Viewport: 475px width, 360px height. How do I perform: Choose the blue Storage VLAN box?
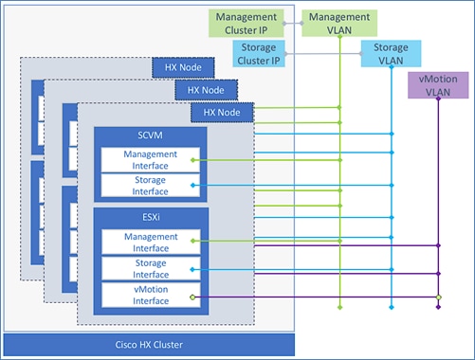pyautogui.click(x=390, y=54)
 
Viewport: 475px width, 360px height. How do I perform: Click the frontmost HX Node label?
pyautogui.click(x=222, y=113)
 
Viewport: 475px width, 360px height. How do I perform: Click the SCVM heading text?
pyautogui.click(x=146, y=135)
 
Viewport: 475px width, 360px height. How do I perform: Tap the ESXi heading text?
pyautogui.click(x=146, y=218)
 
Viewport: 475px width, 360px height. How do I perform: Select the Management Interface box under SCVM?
pyautogui.click(x=145, y=160)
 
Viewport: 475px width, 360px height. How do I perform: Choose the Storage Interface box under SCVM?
pyautogui.click(x=145, y=185)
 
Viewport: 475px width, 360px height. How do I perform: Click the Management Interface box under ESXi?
pyautogui.click(x=145, y=243)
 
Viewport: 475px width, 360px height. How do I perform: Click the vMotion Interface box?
pyautogui.click(x=145, y=296)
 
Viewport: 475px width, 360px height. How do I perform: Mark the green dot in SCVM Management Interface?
pyautogui.click(x=192, y=161)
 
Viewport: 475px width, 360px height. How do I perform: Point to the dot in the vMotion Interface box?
pyautogui.click(x=192, y=297)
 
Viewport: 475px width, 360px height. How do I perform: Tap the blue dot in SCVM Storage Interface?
pyautogui.click(x=192, y=186)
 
